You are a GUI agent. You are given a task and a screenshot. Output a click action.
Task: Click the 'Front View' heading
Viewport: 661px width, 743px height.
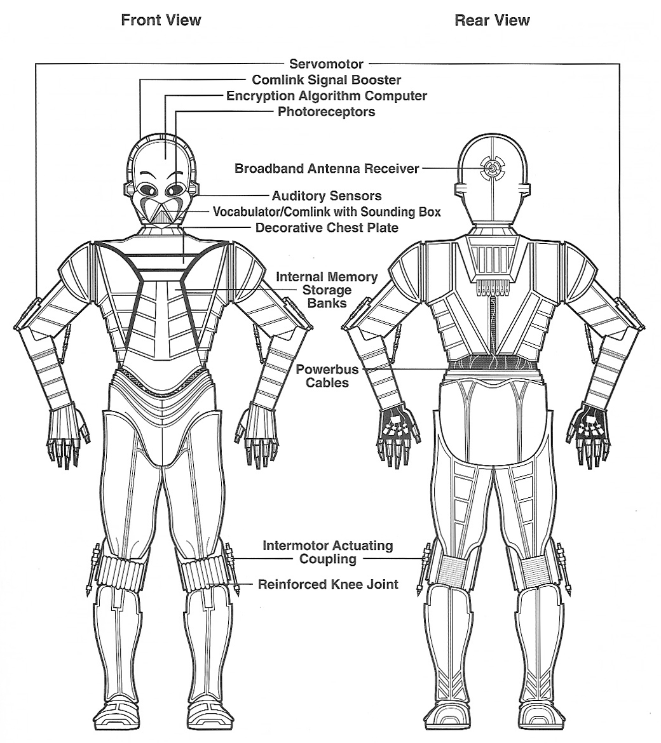point(161,20)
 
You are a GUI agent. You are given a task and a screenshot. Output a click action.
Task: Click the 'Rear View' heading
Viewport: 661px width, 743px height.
point(492,20)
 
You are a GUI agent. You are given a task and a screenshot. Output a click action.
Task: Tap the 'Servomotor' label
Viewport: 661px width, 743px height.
point(326,64)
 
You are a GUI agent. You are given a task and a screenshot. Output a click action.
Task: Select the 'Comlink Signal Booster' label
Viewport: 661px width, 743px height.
point(326,79)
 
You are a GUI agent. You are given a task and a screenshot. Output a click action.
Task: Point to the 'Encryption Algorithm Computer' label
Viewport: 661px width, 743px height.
point(326,96)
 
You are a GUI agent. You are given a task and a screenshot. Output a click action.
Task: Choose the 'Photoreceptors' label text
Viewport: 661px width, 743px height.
point(326,112)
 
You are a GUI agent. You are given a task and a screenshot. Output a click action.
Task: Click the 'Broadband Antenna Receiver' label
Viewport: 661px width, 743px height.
point(327,168)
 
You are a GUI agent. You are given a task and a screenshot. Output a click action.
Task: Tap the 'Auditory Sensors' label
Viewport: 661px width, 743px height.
point(326,195)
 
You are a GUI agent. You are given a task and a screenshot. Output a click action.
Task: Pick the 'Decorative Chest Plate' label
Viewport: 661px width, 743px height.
point(327,227)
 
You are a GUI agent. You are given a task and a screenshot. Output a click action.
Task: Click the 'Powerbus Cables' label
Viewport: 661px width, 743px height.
point(327,376)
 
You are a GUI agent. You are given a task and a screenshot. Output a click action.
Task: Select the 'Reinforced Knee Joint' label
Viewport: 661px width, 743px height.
point(328,584)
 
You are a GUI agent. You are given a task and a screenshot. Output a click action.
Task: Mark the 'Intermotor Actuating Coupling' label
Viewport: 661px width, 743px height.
point(328,552)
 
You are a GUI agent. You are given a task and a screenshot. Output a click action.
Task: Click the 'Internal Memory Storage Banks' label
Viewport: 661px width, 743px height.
point(327,290)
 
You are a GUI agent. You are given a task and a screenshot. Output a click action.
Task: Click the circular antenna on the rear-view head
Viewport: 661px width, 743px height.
point(492,169)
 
